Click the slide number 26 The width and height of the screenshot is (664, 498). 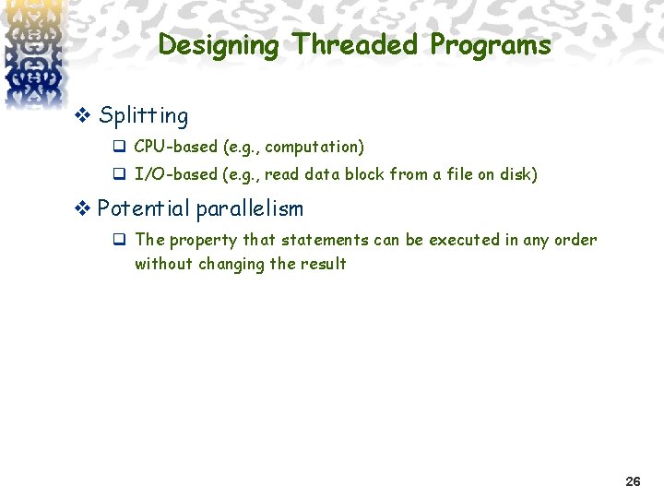click(x=633, y=481)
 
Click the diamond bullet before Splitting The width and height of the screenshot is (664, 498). click(x=81, y=116)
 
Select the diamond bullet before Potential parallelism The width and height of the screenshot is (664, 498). click(x=81, y=208)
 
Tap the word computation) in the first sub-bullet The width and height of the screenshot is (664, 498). click(x=314, y=147)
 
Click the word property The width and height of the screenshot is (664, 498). click(x=203, y=241)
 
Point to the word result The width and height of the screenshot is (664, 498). click(x=323, y=264)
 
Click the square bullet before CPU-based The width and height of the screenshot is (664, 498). click(x=119, y=148)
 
